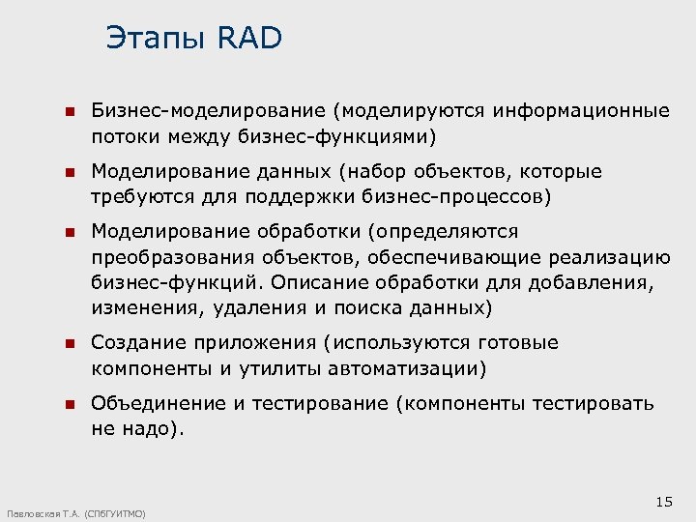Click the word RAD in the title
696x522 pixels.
(250, 38)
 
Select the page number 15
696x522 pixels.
(663, 501)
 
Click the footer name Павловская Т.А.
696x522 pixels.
(43, 514)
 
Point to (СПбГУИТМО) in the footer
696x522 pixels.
(115, 514)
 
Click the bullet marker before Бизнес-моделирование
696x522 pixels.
(69, 112)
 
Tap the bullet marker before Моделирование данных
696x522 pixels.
(69, 172)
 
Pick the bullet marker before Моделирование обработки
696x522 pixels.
(69, 233)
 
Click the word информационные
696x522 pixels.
(581, 111)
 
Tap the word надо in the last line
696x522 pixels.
(149, 427)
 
